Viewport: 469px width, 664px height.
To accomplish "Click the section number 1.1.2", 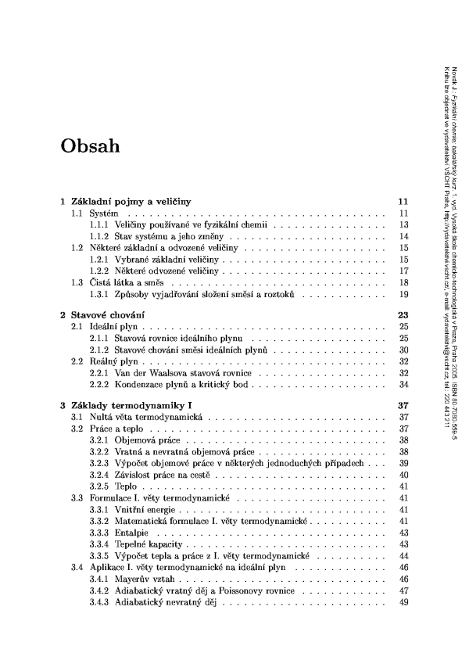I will point(99,235).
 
